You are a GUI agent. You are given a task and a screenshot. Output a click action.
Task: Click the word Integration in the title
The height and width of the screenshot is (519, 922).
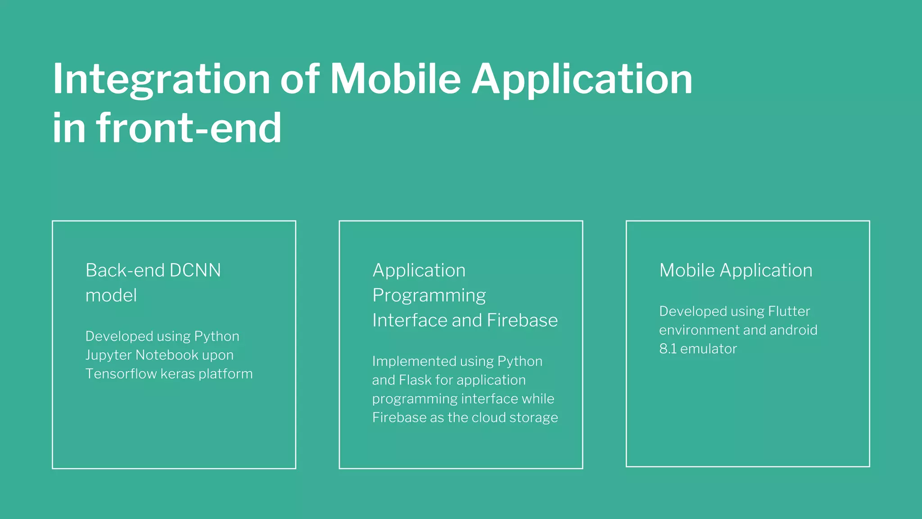coord(161,80)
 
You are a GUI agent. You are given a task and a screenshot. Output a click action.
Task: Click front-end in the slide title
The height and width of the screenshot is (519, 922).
coord(189,128)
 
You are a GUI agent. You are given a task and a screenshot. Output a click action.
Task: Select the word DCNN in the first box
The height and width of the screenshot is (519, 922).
coord(195,270)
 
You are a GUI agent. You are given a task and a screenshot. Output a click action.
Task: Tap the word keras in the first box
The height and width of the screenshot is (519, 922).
coord(177,374)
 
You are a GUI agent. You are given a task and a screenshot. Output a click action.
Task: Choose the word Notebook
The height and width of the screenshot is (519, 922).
coord(167,355)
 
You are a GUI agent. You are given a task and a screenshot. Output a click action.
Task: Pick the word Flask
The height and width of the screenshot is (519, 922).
coord(415,380)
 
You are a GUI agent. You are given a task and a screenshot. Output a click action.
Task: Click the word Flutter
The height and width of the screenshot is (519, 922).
coord(789,311)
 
